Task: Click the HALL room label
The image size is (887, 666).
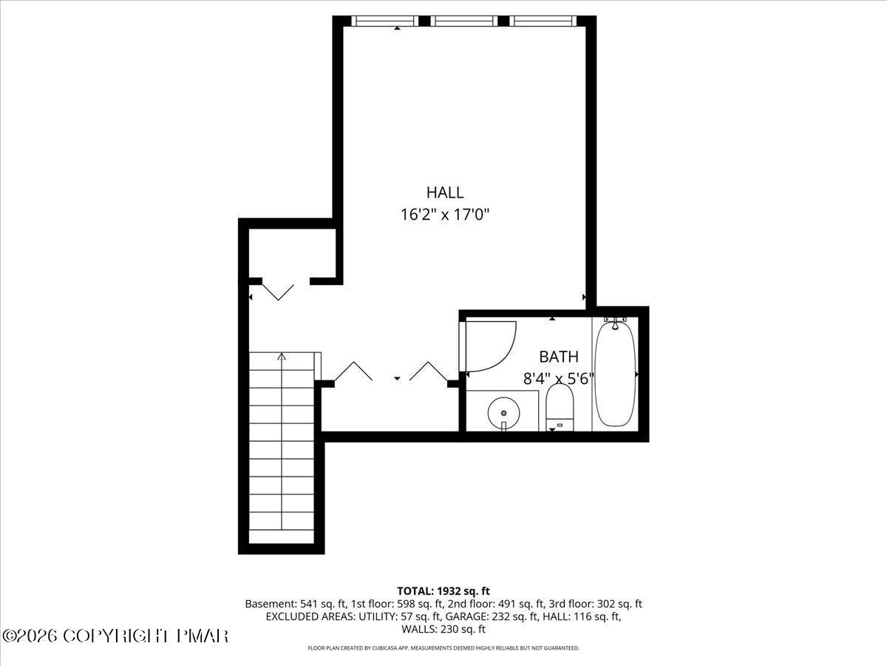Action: tap(445, 192)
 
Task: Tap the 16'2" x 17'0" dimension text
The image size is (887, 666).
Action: tap(445, 215)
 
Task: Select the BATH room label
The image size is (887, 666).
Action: tap(559, 356)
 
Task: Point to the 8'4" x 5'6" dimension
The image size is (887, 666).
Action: tap(559, 379)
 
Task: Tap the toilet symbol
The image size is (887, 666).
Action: tap(560, 408)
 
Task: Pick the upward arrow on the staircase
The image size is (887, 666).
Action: tap(282, 357)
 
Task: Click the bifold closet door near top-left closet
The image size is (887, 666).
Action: tap(279, 290)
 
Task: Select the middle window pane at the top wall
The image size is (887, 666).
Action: tap(466, 21)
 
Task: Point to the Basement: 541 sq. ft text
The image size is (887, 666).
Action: tap(290, 604)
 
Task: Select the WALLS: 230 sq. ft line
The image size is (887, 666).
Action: tap(443, 630)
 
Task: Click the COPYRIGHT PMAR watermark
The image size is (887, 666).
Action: tap(116, 636)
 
